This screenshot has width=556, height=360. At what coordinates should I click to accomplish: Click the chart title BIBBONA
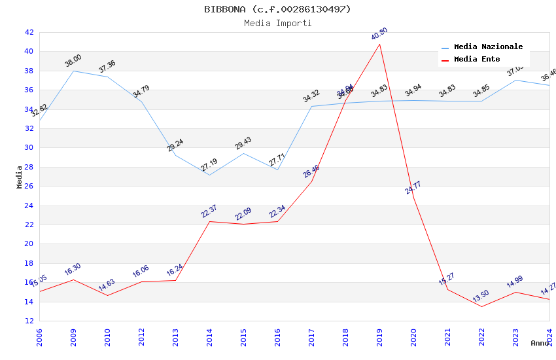point(277,9)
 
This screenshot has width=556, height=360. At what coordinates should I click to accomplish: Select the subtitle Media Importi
point(277,23)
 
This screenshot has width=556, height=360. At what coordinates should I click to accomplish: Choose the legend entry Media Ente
point(477,59)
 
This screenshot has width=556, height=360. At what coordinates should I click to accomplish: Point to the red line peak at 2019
point(379,44)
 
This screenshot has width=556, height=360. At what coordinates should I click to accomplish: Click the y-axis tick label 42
point(29,32)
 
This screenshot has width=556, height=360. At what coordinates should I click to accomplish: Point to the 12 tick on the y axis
point(29,321)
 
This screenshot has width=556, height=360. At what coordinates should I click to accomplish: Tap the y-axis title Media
point(20,177)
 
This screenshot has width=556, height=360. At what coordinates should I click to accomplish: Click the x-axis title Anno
point(540,343)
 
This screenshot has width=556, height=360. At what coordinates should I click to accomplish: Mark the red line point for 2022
point(481,306)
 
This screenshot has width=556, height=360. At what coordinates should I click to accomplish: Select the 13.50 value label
point(481,296)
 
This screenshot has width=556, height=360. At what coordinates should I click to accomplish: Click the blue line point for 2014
point(209,175)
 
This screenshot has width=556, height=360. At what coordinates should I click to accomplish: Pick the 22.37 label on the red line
point(209,211)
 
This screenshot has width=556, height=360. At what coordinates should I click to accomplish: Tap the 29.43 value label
point(243,143)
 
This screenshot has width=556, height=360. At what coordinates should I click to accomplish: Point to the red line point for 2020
point(413,198)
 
